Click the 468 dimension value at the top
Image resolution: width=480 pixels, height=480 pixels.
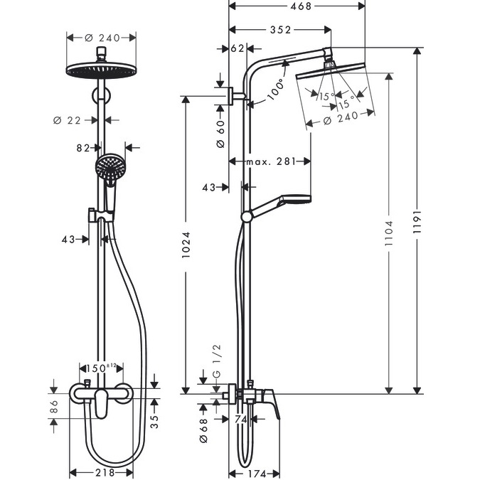(301, 6)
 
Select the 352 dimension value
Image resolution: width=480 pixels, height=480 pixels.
(280, 30)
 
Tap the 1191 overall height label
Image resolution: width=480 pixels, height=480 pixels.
(417, 222)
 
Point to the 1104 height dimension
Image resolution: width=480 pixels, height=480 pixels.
(389, 233)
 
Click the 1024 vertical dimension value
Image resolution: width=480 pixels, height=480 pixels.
(186, 245)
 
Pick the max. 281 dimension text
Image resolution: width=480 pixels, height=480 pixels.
(271, 161)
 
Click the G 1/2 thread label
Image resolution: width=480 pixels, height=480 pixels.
(216, 361)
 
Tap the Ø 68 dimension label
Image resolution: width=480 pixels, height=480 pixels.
(203, 430)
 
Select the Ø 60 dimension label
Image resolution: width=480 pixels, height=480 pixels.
(220, 134)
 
